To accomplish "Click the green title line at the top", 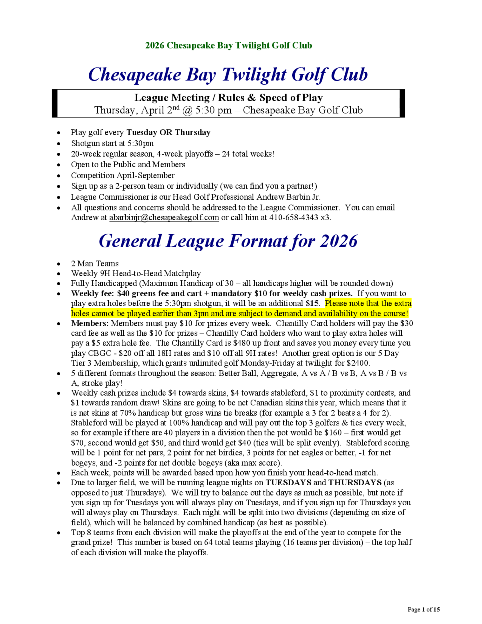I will [228, 45].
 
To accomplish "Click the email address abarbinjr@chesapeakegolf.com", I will [164, 217].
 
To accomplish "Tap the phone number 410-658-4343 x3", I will [300, 217].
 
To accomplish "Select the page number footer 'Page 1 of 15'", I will [423, 610].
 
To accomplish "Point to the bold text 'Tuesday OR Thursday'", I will [168, 133].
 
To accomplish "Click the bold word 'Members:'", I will [90, 323].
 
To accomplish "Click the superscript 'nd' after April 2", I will [176, 108].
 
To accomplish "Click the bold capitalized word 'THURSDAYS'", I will [355, 483].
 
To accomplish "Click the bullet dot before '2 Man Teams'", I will [59, 264].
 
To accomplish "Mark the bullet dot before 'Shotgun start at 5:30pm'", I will [59, 143].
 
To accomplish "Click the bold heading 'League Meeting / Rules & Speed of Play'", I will [228, 98].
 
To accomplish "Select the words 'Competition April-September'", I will [122, 176].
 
